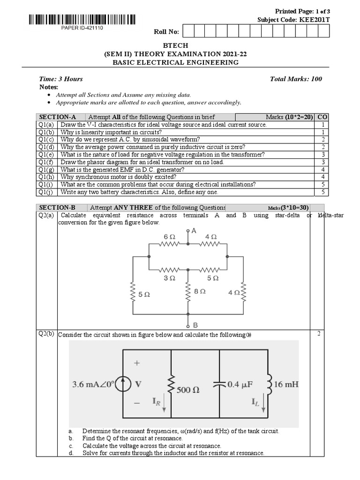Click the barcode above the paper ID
82,20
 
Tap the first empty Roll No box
187,31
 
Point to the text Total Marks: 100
296,79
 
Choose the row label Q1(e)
46,154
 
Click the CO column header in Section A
322,117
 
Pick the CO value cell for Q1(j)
322,192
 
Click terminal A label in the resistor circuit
194,231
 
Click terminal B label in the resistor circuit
195,324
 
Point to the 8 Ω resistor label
200,291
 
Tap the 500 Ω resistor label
187,389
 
